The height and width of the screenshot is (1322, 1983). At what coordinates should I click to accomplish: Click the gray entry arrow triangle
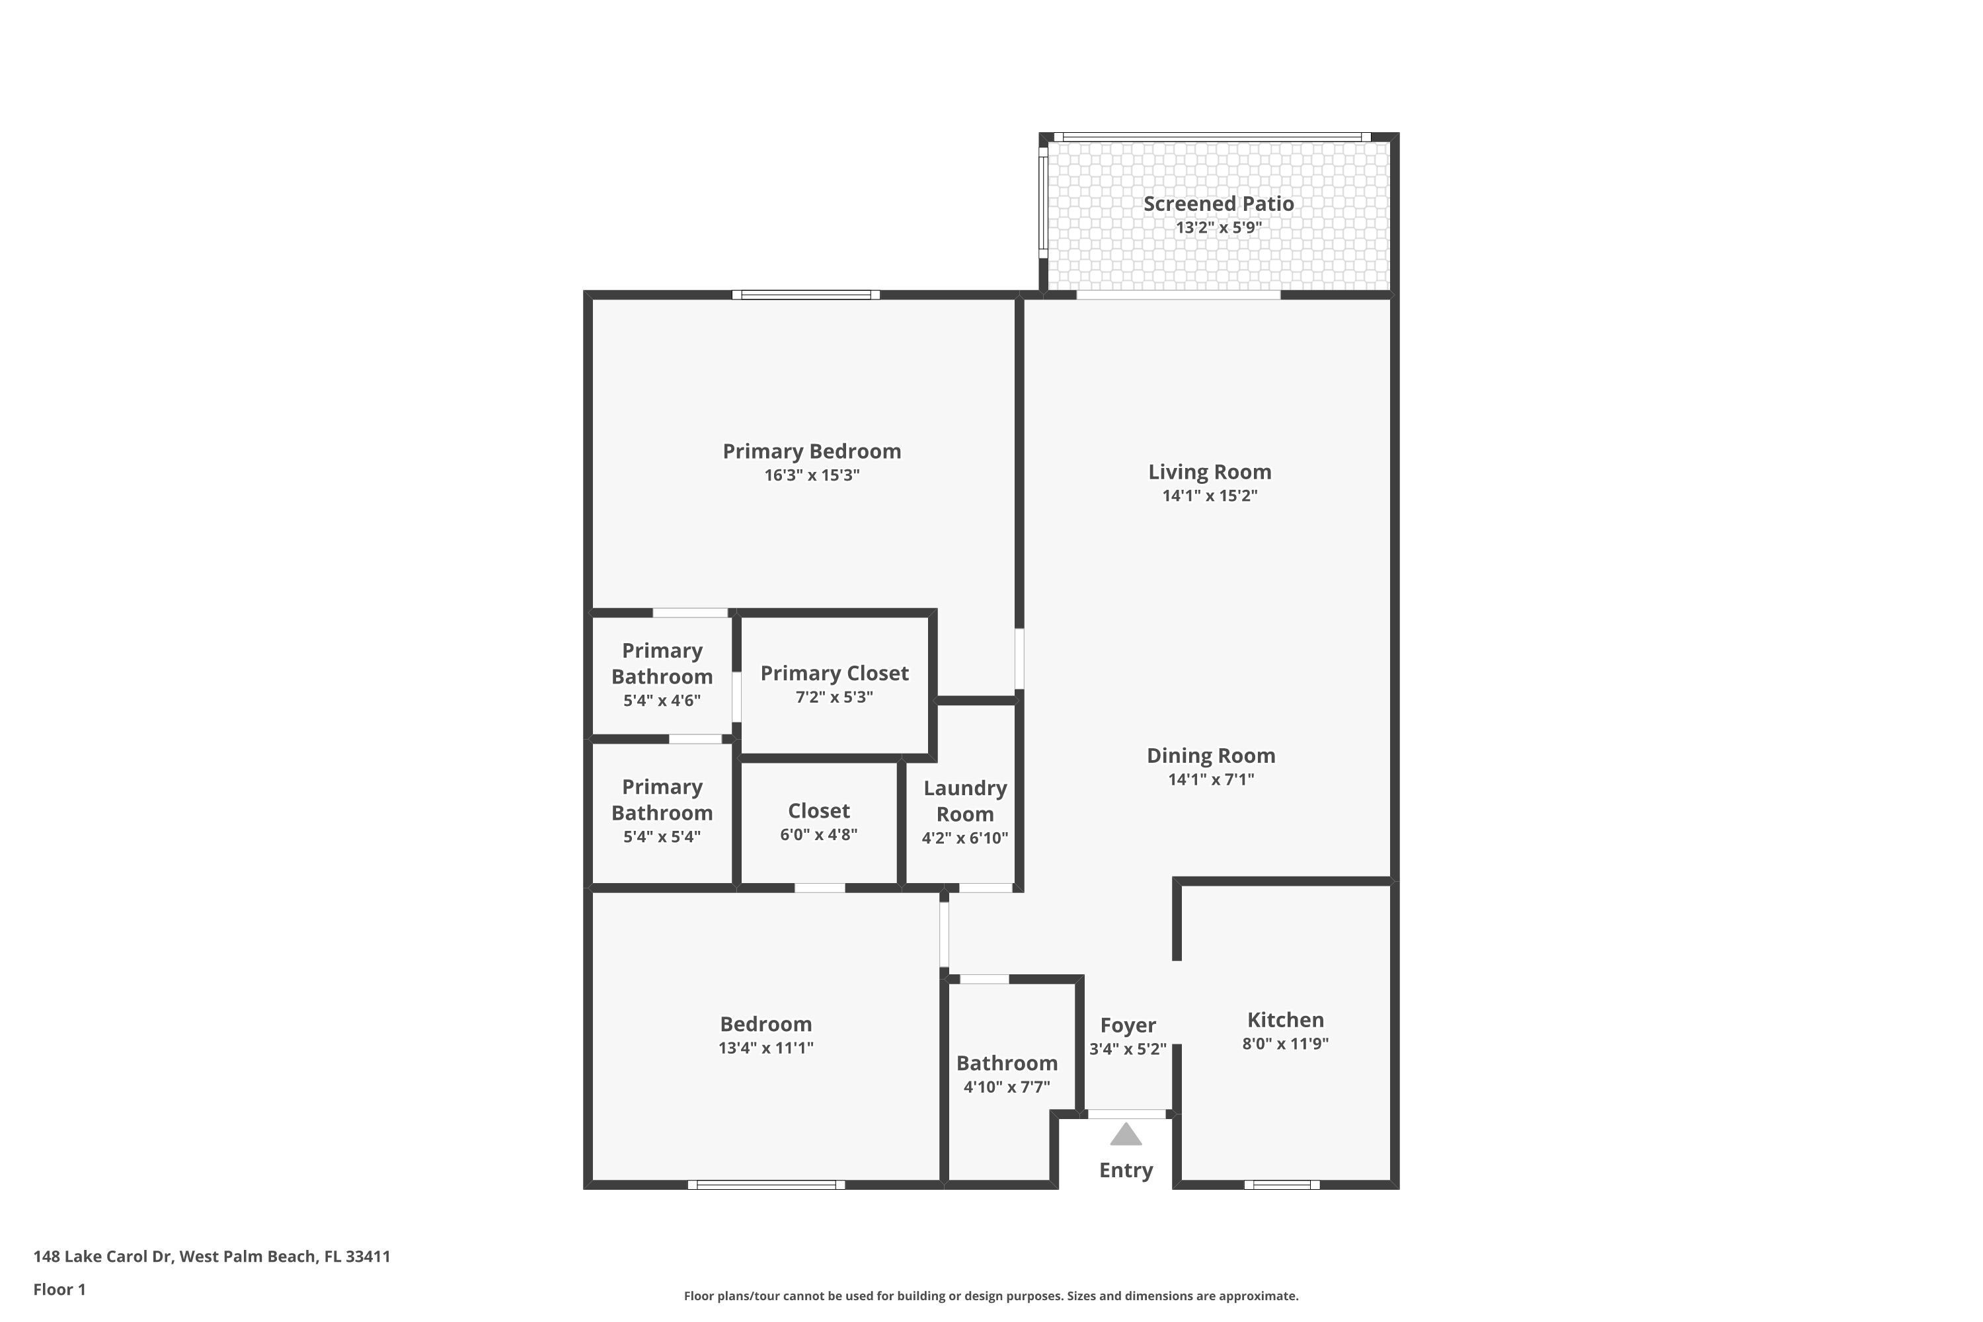coord(1126,1136)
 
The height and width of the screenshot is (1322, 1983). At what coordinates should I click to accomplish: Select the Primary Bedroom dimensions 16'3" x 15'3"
coord(811,475)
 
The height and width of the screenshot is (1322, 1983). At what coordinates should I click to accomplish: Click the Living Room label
coord(1209,472)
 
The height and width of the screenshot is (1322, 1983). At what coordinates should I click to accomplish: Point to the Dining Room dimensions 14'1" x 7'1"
coord(1211,780)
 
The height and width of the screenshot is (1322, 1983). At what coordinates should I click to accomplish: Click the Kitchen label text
coord(1285,1020)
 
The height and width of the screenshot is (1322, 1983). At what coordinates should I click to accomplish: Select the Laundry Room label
coord(964,801)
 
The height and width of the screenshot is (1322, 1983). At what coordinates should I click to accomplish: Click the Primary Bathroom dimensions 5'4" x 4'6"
coord(662,701)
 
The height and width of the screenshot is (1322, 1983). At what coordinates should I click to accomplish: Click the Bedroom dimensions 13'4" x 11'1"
coord(765,1048)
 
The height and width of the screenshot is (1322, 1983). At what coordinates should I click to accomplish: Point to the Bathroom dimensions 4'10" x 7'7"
coord(1007,1087)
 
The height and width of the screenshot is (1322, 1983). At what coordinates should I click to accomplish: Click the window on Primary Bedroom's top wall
coord(805,295)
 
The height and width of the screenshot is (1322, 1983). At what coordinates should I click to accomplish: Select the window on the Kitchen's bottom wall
coord(1282,1185)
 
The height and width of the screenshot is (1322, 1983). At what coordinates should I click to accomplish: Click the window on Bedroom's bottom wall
coord(765,1185)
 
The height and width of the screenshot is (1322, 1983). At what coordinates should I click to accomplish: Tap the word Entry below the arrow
coord(1126,1170)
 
